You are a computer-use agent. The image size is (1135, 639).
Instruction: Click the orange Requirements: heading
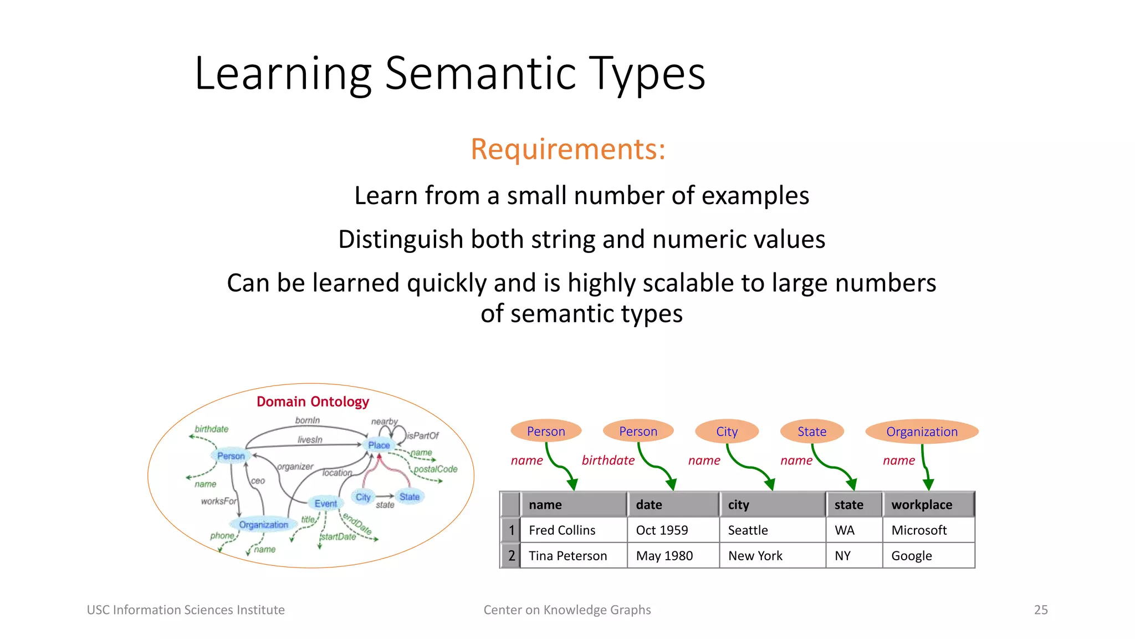[567, 149]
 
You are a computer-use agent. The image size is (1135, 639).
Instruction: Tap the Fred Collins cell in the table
[562, 530]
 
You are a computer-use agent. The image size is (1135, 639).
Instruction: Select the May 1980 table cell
[664, 556]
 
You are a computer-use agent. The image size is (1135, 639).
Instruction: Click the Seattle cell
[748, 530]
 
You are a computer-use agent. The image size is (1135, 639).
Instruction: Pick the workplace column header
[922, 505]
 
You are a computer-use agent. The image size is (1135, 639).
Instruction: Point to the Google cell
[911, 556]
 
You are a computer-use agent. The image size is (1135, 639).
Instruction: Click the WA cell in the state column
[845, 530]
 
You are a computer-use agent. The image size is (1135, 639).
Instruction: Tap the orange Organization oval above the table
[922, 432]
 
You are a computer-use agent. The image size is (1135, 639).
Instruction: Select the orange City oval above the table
[727, 432]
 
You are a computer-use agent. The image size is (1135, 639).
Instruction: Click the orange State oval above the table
[811, 432]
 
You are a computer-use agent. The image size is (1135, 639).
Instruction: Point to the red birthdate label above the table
[608, 460]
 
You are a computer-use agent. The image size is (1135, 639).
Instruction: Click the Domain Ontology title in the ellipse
[313, 402]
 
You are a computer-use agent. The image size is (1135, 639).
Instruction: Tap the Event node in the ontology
[325, 504]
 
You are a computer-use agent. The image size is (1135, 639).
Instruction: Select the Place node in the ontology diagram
[379, 445]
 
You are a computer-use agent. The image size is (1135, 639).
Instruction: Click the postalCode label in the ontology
[436, 469]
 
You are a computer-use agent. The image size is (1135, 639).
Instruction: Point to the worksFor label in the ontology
[218, 501]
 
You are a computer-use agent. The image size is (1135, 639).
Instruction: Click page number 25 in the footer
[1041, 610]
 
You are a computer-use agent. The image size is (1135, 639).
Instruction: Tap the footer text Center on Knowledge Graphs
[567, 610]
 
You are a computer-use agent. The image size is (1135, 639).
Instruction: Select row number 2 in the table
[511, 556]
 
